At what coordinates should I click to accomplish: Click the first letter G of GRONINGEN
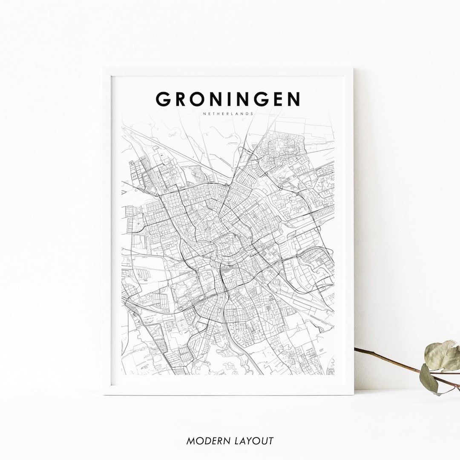pos(164,99)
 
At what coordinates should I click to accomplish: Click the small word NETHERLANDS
pos(228,114)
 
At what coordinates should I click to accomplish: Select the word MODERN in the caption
pos(207,441)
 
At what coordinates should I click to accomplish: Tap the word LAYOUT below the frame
pos(253,441)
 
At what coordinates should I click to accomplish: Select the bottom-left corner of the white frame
pos(103,394)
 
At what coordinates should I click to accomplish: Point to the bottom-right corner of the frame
pos(353,394)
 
